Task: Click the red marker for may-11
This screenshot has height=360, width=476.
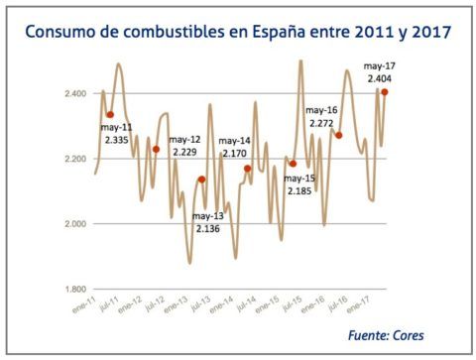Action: tap(111, 115)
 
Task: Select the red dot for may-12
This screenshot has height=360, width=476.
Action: tap(156, 149)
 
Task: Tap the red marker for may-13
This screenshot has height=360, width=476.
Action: tap(201, 180)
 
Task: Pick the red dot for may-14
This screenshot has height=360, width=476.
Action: tap(247, 169)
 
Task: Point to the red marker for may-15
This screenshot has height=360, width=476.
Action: tap(294, 164)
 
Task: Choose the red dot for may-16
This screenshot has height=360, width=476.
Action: tap(338, 135)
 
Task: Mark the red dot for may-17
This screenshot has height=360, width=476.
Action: tap(384, 92)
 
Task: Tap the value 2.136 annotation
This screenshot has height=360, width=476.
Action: tap(208, 229)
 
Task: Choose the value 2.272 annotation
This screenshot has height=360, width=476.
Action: tap(321, 124)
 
